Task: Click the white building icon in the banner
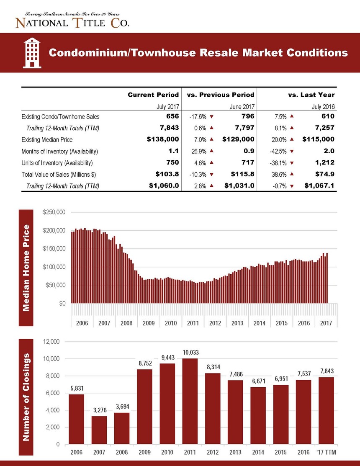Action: (x=32, y=53)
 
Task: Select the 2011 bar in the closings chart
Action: (x=190, y=401)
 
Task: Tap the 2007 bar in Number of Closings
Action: (x=99, y=430)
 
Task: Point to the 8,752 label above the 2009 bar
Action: (x=145, y=363)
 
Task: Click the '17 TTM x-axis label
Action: (x=326, y=452)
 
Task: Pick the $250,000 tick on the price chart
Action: (x=54, y=212)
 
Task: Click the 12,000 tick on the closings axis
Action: (x=51, y=342)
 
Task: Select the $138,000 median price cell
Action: (x=163, y=139)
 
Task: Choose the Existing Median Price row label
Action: (x=47, y=140)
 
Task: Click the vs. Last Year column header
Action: (x=311, y=95)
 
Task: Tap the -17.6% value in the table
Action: (x=198, y=117)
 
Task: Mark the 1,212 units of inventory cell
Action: (x=325, y=162)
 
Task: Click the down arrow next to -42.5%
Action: (x=292, y=151)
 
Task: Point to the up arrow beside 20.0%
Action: (x=292, y=139)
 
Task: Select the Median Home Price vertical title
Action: (x=26, y=268)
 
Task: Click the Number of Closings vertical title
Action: (x=26, y=397)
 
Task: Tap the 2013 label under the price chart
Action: (x=237, y=323)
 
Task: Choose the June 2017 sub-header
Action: (x=242, y=107)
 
